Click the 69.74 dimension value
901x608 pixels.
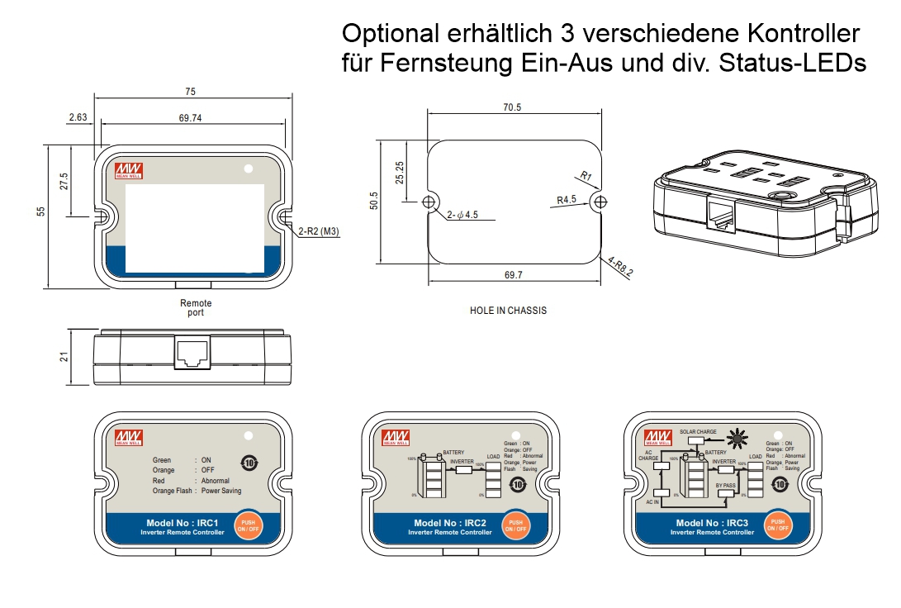point(190,118)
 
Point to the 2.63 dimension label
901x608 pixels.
point(78,118)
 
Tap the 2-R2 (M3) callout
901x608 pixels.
point(317,232)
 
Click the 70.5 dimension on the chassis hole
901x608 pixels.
point(512,107)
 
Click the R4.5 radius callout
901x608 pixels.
point(567,200)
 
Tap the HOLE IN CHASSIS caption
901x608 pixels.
point(508,311)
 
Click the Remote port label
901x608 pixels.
point(196,308)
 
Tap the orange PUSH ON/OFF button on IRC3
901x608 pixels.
point(776,525)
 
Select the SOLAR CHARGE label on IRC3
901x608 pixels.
point(698,432)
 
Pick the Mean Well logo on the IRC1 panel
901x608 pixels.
point(127,438)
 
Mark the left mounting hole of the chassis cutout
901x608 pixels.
point(429,202)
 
